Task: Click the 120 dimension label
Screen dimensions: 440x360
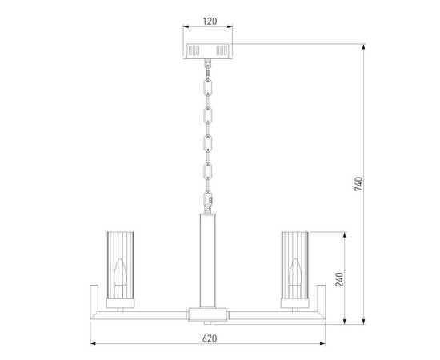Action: [x=210, y=21]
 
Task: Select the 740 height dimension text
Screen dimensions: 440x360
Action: [x=358, y=184]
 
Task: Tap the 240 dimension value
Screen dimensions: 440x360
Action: [x=339, y=279]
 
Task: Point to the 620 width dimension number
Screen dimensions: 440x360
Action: [x=210, y=338]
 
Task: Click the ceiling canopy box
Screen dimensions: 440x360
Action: [x=208, y=50]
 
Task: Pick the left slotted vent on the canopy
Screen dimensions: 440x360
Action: [x=194, y=50]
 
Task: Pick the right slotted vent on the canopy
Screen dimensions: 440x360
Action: [x=222, y=50]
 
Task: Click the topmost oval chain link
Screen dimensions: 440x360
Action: [x=208, y=87]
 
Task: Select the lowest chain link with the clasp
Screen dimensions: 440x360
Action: [x=208, y=199]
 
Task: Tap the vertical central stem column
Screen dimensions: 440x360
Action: [x=208, y=260]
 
